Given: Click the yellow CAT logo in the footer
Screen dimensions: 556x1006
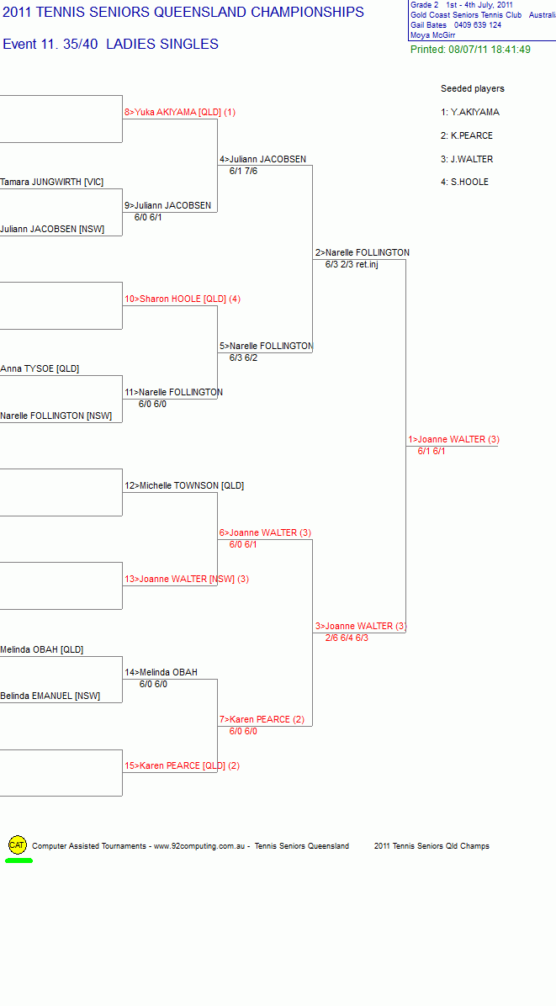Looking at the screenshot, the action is pyautogui.click(x=18, y=845).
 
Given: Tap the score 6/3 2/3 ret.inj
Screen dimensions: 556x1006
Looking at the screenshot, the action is pyautogui.click(x=352, y=264).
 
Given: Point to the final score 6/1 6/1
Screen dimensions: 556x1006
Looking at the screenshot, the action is pyautogui.click(x=432, y=451).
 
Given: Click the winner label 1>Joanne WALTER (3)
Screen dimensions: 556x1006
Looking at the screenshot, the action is pyautogui.click(x=453, y=439).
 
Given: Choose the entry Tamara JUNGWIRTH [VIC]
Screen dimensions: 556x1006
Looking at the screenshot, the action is pyautogui.click(x=51, y=183).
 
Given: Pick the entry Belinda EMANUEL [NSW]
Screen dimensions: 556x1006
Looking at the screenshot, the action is pyautogui.click(x=50, y=696).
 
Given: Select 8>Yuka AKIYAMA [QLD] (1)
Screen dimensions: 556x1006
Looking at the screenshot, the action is pyautogui.click(x=180, y=112).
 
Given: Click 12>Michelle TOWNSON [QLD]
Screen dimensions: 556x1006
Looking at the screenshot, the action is pyautogui.click(x=184, y=485).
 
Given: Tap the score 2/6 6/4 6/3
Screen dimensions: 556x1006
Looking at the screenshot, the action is pyautogui.click(x=347, y=638).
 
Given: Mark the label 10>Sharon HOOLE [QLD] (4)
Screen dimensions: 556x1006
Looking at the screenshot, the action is pyautogui.click(x=183, y=299).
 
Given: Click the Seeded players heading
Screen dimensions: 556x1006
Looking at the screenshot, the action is pyautogui.click(x=473, y=88).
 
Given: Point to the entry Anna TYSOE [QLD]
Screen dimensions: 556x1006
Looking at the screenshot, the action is pyautogui.click(x=40, y=369).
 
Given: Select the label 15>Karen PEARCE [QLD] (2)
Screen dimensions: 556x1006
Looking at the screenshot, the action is pyautogui.click(x=183, y=765).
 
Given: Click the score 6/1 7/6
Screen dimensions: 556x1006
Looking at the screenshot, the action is pyautogui.click(x=244, y=171).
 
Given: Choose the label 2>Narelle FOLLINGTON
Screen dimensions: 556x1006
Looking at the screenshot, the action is pyautogui.click(x=363, y=253).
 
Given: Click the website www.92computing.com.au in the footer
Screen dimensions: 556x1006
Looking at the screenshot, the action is pyautogui.click(x=201, y=846).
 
